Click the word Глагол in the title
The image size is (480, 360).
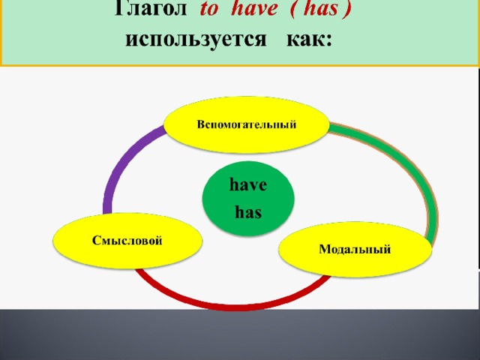pyautogui.click(x=150, y=8)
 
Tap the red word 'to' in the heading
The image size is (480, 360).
pyautogui.click(x=208, y=8)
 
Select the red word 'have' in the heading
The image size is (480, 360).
pyautogui.click(x=254, y=8)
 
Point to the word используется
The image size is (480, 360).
pyautogui.click(x=196, y=40)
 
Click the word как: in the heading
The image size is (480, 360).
pyautogui.click(x=310, y=39)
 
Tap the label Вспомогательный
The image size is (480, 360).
pyautogui.click(x=247, y=125)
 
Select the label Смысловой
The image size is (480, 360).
pyautogui.click(x=127, y=241)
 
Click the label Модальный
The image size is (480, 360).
pyautogui.click(x=355, y=249)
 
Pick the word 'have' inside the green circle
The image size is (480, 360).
pyautogui.click(x=248, y=185)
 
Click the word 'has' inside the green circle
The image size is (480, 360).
pyautogui.click(x=248, y=211)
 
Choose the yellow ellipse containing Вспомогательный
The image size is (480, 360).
pyautogui.click(x=247, y=125)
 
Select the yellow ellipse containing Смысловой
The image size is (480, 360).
pyautogui.click(x=127, y=241)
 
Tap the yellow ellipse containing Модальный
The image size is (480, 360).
pyautogui.click(x=355, y=249)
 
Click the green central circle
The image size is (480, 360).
pyautogui.click(x=248, y=198)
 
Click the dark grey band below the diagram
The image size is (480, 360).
pyautogui.click(x=240, y=335)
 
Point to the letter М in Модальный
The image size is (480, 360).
pyautogui.click(x=325, y=249)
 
